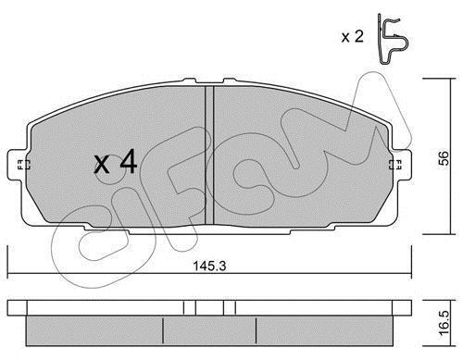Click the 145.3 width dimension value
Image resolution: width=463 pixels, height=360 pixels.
[x=209, y=266]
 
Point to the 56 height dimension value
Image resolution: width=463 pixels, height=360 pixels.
[x=444, y=158]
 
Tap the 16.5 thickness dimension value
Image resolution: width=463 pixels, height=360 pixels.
[x=444, y=323]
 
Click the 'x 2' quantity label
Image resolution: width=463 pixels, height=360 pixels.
[x=353, y=37]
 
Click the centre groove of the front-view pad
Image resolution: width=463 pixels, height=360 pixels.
[x=209, y=155]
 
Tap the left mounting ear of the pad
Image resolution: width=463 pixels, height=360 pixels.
[x=18, y=165]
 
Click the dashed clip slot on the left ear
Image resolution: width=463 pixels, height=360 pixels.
[x=24, y=165]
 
